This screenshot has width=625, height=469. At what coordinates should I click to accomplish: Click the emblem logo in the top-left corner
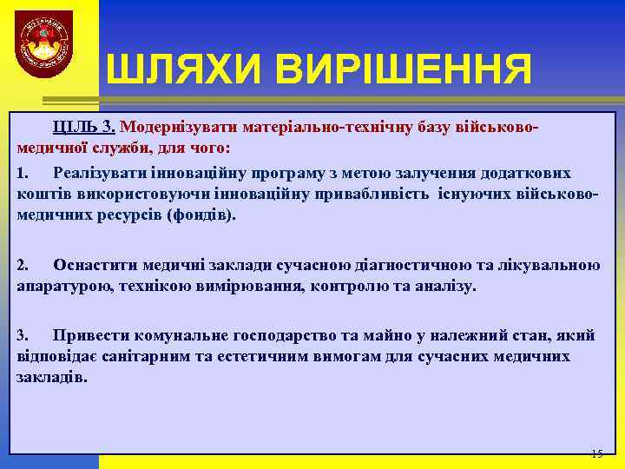tap(44, 44)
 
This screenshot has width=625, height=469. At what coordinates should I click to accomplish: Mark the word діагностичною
tap(413, 265)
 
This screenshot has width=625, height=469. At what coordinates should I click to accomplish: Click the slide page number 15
tap(596, 453)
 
